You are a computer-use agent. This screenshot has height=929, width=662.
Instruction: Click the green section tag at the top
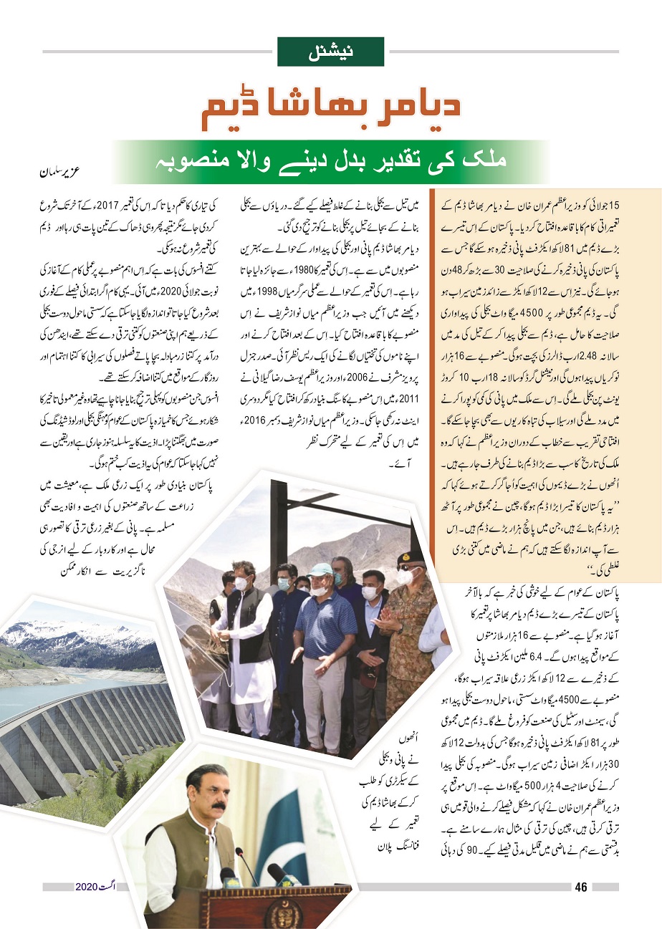(331, 52)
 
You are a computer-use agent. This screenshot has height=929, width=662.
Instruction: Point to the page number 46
(580, 887)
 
